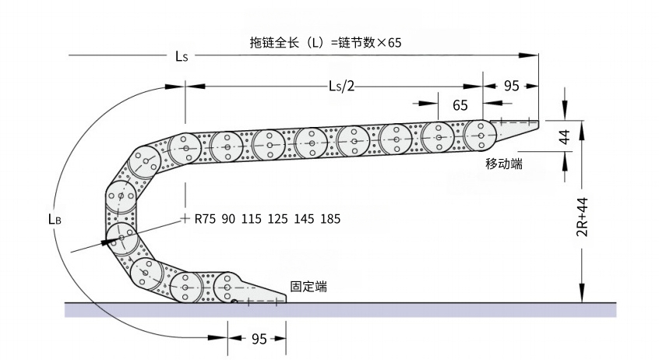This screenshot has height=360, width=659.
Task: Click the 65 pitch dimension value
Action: click(x=460, y=104)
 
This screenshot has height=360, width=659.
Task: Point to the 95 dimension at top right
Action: click(x=511, y=86)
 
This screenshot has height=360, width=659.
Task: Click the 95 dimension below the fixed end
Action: click(x=259, y=339)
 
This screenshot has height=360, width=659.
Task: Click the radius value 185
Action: click(x=329, y=219)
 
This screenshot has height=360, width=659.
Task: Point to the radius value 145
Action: click(x=305, y=219)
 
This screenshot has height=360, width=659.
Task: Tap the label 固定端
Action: click(x=308, y=287)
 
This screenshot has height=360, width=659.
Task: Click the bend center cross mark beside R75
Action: click(x=185, y=217)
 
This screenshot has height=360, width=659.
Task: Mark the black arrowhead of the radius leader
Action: click(x=104, y=242)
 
